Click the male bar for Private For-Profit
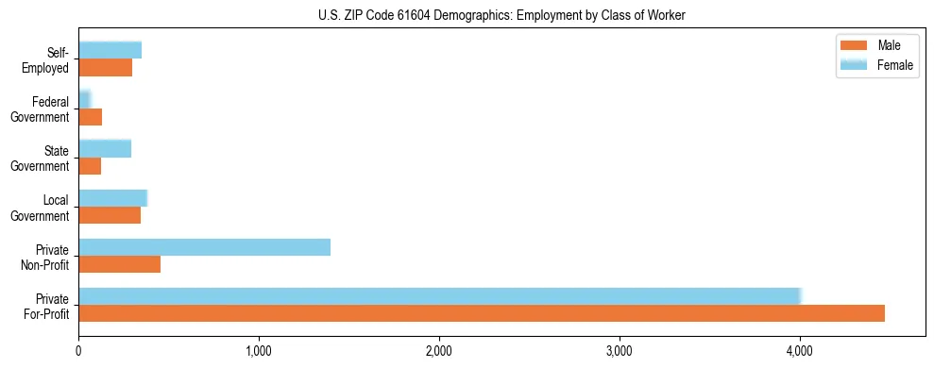(x=482, y=313)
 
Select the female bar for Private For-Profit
(x=440, y=296)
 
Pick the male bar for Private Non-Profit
(x=119, y=264)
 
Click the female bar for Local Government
(x=112, y=198)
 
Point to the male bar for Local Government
(x=110, y=215)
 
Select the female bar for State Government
(x=105, y=149)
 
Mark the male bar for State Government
(x=90, y=166)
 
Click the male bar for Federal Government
(x=90, y=117)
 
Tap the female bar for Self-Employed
(x=110, y=51)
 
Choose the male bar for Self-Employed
(x=105, y=68)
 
